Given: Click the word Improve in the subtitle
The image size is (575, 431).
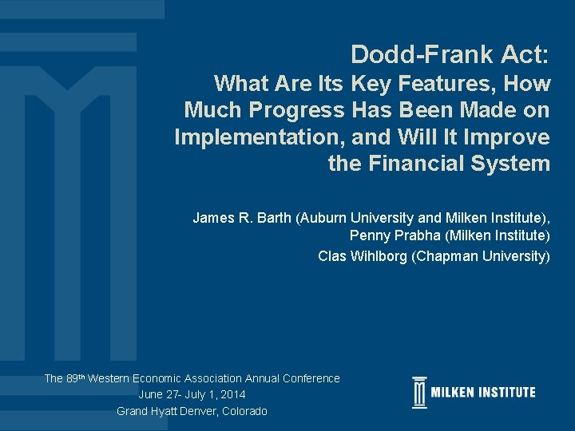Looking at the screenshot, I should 512,137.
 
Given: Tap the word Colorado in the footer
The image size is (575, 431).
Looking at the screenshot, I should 240,411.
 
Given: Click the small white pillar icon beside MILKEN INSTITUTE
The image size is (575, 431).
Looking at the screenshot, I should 419,393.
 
